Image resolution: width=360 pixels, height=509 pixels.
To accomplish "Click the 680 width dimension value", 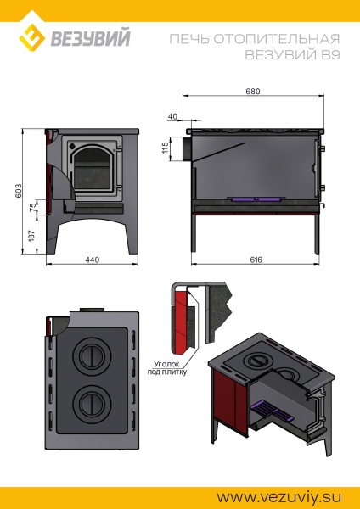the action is point(252,92).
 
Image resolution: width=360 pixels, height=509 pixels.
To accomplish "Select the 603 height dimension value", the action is point(19,191).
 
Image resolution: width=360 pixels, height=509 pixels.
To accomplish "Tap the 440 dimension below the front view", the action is point(93,260).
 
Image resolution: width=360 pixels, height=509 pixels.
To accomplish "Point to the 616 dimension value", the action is point(256,260).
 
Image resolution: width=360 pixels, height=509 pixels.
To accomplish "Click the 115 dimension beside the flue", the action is point(165,148).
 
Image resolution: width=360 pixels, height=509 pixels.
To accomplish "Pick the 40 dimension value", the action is point(173,116).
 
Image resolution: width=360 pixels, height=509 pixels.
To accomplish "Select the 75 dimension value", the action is point(33,207).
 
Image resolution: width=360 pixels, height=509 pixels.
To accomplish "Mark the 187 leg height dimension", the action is point(31,236).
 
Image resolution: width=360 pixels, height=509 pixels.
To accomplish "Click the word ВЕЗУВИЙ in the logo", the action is point(90,38).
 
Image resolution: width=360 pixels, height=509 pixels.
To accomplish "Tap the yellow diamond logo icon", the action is point(31,37).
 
